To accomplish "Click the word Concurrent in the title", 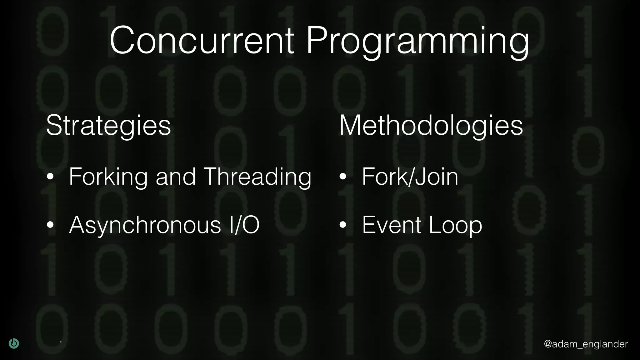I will [202, 41].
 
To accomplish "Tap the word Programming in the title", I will [417, 42].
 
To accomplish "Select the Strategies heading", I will [108, 126].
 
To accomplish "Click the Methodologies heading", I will [431, 126].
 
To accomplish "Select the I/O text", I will [244, 225].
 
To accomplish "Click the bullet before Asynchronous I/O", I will [50, 225].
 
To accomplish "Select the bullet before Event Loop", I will [343, 225].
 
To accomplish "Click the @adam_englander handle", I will [586, 344].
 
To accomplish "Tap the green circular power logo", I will [14, 343].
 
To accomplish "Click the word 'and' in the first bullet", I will [176, 177].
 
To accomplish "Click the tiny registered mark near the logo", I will [61, 342].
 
